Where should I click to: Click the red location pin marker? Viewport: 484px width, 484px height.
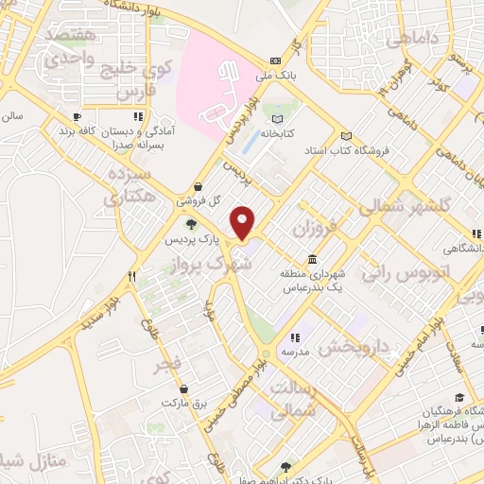pos(244,223)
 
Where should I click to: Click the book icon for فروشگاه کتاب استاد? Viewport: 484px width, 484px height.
pos(347,134)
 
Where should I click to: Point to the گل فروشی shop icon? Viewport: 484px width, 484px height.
pos(197,186)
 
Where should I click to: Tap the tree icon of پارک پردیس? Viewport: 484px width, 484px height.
pos(192,224)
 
